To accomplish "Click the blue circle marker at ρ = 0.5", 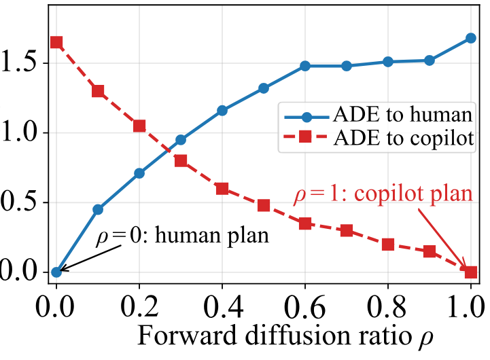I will tap(264, 88).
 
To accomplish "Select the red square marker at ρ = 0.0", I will tap(56, 42).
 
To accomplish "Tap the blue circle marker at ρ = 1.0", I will tap(471, 38).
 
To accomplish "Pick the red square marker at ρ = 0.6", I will tap(305, 223).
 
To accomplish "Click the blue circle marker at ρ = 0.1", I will tap(98, 209).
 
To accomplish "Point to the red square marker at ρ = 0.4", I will tap(222, 189).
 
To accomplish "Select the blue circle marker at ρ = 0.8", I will tap(388, 62).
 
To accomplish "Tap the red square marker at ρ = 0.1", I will tap(98, 91).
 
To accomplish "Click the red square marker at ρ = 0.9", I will tap(430, 251).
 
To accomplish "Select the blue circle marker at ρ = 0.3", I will tap(181, 140).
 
